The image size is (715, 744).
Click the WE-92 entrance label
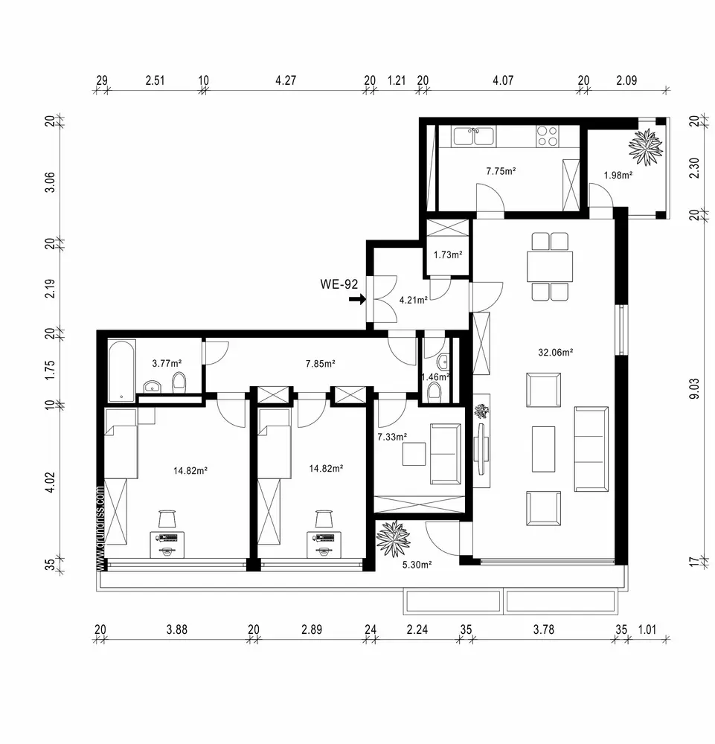coord(339,284)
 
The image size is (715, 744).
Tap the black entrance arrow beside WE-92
coord(357,299)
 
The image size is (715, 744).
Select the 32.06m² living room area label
coord(555,352)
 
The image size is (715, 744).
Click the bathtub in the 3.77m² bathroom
coord(121,371)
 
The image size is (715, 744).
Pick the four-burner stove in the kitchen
coord(547,136)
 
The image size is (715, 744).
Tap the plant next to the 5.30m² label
coord(393,539)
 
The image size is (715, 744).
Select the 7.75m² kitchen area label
coord(501,171)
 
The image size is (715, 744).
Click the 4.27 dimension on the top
coord(286,80)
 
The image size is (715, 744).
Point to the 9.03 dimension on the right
coord(694,388)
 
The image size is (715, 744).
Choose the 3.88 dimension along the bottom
coord(177,629)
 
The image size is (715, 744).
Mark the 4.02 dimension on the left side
coord(51,482)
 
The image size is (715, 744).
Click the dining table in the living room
coord(549,266)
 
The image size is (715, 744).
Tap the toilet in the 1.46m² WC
coord(434,393)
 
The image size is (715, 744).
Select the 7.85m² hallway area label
coord(320,364)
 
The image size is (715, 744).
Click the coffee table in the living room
coord(543,449)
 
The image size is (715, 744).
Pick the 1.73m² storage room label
coord(448,254)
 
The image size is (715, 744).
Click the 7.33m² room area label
coord(392,437)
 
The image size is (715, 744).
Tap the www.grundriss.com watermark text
coord(100,527)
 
